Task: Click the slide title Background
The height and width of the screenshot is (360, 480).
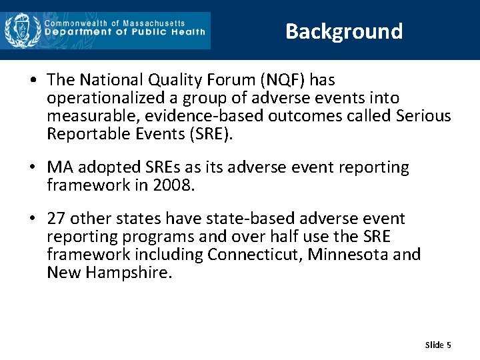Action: point(344,31)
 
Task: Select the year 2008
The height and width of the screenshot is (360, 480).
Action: point(174,185)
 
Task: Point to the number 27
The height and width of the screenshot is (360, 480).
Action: point(56,219)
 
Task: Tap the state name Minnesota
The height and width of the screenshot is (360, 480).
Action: point(348,255)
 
